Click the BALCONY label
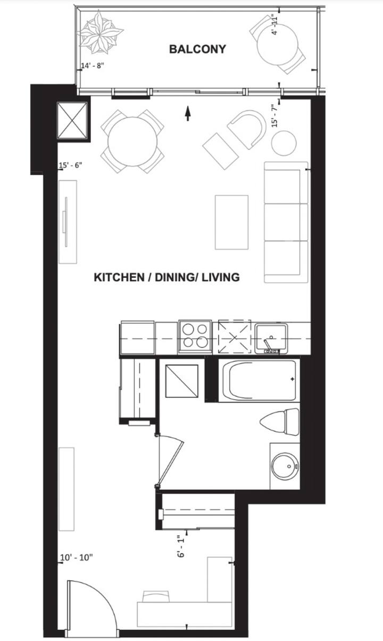[x=197, y=49]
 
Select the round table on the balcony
[x=278, y=44]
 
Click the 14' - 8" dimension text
[x=93, y=65]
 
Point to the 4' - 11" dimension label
[x=274, y=26]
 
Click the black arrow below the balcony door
[x=188, y=113]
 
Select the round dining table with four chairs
[x=132, y=142]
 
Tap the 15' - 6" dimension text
[x=70, y=165]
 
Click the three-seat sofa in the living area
[x=286, y=222]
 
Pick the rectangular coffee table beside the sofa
[x=231, y=223]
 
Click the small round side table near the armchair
[x=284, y=143]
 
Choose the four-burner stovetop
[x=195, y=337]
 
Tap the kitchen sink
[x=271, y=338]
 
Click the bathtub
[x=259, y=380]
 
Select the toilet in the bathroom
[x=279, y=422]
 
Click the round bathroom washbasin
[x=285, y=466]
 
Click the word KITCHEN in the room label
[x=119, y=277]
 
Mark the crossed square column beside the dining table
[x=72, y=121]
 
